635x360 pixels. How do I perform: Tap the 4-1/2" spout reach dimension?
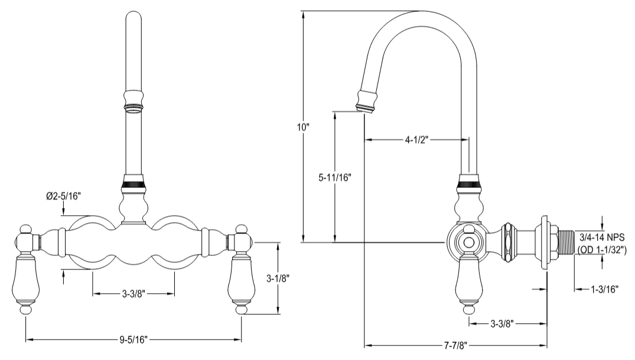pyautogui.click(x=416, y=140)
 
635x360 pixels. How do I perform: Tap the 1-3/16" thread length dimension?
pyautogui.click(x=604, y=289)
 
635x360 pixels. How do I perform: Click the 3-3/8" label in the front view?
pyautogui.click(x=133, y=293)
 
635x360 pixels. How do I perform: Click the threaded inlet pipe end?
pyautogui.click(x=564, y=243)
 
